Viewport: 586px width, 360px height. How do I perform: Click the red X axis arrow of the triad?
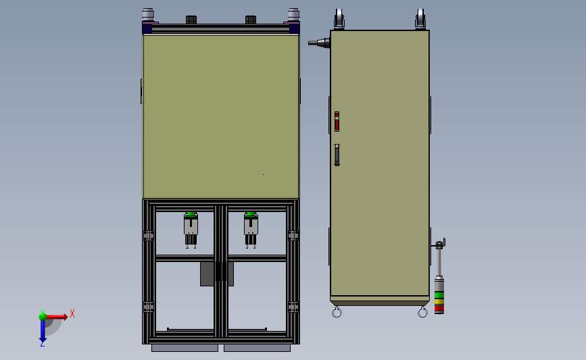(x=57, y=316)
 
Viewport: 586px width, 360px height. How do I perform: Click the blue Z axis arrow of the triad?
(x=43, y=330)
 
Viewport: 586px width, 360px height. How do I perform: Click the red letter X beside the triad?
(x=72, y=313)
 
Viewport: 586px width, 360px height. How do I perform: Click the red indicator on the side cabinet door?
(x=337, y=122)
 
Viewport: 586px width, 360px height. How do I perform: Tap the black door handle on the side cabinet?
(x=337, y=155)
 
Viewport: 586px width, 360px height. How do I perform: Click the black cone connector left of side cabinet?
(x=320, y=43)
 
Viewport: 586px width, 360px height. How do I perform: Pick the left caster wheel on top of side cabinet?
(x=339, y=19)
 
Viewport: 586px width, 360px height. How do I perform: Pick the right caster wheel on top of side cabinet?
(x=421, y=19)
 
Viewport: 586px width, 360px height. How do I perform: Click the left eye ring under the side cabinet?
(x=336, y=312)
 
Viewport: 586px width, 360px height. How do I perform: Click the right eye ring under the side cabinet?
(x=422, y=312)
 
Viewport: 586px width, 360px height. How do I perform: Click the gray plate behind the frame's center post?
(x=205, y=274)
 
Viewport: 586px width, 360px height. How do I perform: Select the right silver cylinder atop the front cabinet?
(x=293, y=15)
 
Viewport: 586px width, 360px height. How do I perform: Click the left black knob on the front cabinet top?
(x=191, y=20)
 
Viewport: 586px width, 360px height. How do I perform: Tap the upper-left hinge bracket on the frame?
(x=149, y=236)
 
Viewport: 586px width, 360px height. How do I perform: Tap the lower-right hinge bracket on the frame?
(x=293, y=307)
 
